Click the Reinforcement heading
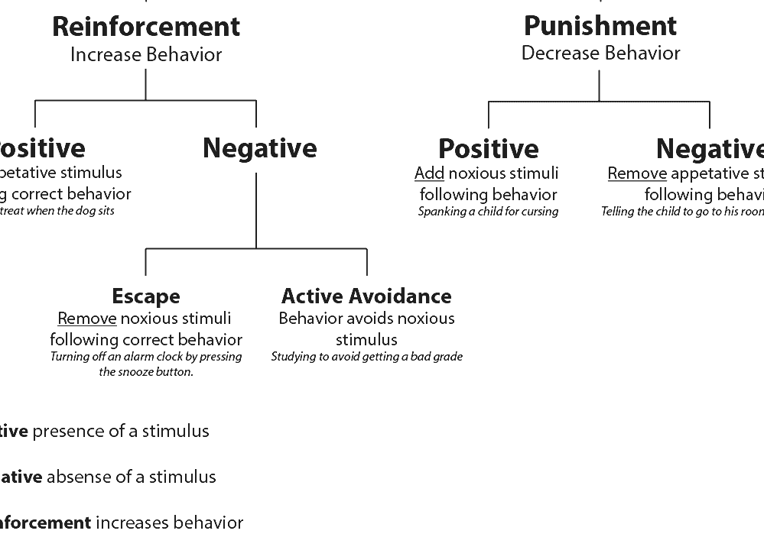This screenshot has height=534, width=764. pos(145,27)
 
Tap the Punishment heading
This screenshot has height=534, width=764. pos(600,26)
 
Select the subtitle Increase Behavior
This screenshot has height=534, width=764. pos(145,55)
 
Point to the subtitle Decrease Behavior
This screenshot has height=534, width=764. pos(600,53)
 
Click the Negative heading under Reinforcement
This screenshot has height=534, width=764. pos(259,148)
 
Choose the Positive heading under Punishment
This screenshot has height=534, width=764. pos(488,149)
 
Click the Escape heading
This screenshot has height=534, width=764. pos(145,296)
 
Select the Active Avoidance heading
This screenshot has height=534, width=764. pos(366,296)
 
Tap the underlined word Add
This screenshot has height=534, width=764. pos(429,173)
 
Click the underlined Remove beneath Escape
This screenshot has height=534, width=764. pos(86,319)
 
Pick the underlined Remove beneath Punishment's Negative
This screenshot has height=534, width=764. pos(636,173)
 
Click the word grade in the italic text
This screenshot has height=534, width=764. pos(447,357)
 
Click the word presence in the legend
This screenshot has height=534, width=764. pos(63,432)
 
